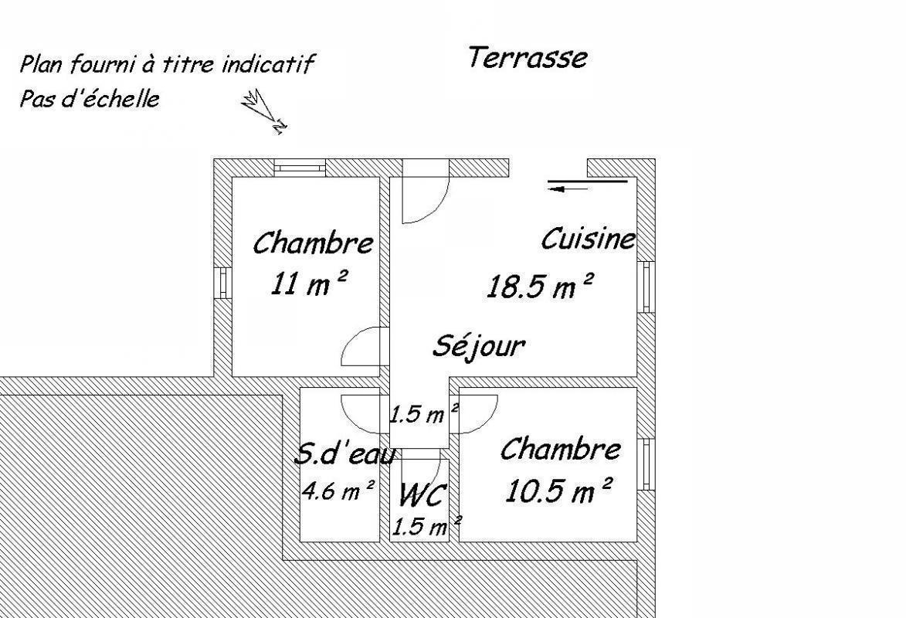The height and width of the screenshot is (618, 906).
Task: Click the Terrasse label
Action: [x=528, y=58]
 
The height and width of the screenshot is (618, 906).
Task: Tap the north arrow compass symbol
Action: [x=265, y=111]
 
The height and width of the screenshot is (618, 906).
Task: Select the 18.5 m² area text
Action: [x=540, y=286]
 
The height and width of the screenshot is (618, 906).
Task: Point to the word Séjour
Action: [x=479, y=345]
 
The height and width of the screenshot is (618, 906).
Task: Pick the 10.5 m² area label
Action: [x=558, y=491]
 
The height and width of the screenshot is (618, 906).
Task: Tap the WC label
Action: [x=423, y=494]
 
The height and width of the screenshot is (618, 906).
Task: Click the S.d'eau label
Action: [x=345, y=454]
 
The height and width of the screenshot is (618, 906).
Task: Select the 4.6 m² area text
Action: [x=339, y=491]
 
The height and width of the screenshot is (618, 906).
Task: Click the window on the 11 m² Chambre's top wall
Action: [x=300, y=168]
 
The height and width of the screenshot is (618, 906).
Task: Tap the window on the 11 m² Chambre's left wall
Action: [x=222, y=283]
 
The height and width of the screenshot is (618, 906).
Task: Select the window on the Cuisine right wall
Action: [x=646, y=287]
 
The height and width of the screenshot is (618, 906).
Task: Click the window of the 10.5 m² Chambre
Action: [x=646, y=464]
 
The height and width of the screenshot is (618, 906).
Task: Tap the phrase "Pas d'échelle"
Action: [x=90, y=98]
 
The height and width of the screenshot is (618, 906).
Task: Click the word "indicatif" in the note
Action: [x=268, y=63]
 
